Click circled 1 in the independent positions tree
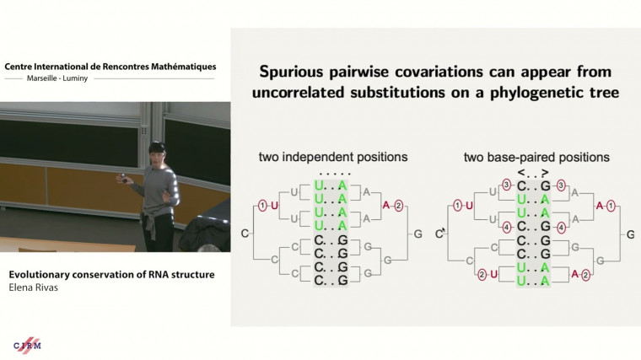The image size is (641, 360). (x=262, y=205)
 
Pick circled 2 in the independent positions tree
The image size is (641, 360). (x=399, y=205)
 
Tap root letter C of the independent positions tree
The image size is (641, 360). (x=244, y=233)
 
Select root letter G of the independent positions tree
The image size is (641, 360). (x=417, y=233)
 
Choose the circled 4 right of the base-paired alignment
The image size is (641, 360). (x=562, y=226)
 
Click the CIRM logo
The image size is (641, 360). (x=28, y=344)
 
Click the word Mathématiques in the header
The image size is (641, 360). (x=173, y=66)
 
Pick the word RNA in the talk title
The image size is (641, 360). (x=157, y=274)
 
